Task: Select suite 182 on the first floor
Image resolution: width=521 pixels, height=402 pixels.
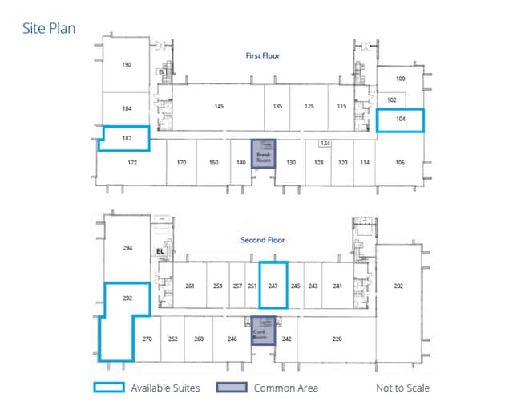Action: (126, 138)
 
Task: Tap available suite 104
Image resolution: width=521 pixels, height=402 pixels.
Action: (400, 120)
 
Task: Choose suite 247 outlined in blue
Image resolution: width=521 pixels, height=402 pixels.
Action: (273, 285)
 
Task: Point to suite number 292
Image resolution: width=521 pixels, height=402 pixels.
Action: (126, 298)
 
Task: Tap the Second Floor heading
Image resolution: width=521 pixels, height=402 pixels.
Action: (262, 240)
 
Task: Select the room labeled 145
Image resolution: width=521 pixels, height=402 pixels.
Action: (218, 106)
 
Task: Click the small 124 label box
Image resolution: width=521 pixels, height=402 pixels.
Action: (325, 143)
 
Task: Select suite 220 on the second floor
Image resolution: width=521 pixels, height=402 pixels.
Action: (337, 339)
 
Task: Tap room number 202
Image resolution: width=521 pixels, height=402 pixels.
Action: (398, 286)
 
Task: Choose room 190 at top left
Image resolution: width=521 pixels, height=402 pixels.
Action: (126, 65)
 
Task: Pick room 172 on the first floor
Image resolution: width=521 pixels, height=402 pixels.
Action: (132, 162)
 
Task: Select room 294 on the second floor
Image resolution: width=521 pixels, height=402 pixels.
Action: (127, 249)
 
